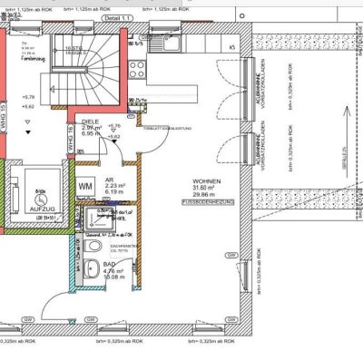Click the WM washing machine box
tap(86, 187)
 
